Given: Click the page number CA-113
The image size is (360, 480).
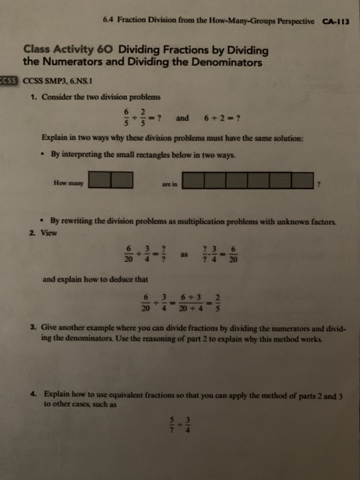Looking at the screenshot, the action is (336, 21).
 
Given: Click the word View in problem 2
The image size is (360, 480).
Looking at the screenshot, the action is (48, 232).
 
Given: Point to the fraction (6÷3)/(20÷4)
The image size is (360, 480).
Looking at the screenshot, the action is (194, 302).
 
